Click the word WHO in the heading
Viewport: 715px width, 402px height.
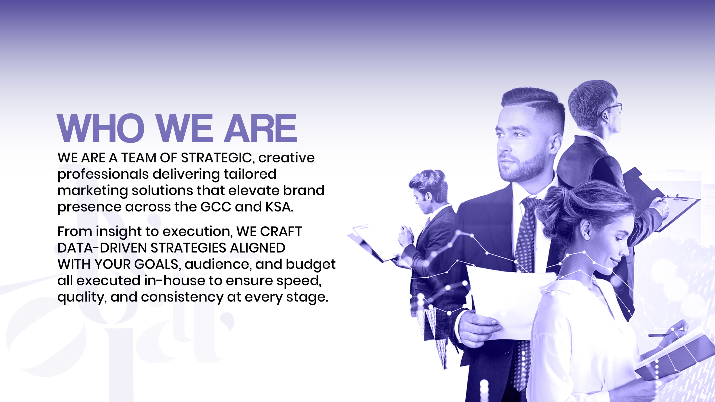(x=101, y=128)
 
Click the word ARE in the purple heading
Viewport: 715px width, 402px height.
(x=260, y=128)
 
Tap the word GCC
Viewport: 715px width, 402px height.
(x=216, y=207)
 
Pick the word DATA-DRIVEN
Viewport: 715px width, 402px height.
(x=102, y=248)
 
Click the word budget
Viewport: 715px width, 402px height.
(x=311, y=264)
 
